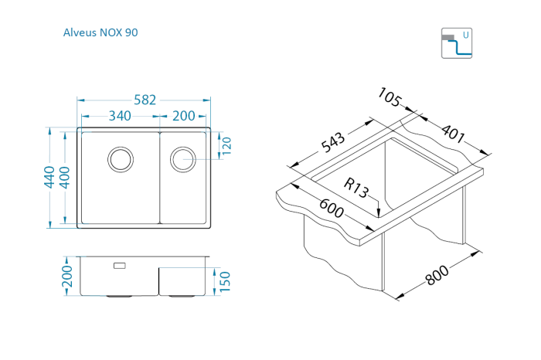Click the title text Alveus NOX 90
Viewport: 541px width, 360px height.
100,32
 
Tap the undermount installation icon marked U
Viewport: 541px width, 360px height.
456,44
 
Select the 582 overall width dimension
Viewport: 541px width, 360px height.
145,100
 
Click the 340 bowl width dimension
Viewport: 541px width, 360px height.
119,116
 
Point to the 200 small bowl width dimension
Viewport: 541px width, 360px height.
183,116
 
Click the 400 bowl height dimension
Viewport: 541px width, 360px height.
65,177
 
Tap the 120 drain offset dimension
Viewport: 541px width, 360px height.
226,145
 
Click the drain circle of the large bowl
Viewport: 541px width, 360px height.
121,159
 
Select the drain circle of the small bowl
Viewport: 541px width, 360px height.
184,158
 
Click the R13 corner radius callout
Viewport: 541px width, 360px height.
357,187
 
